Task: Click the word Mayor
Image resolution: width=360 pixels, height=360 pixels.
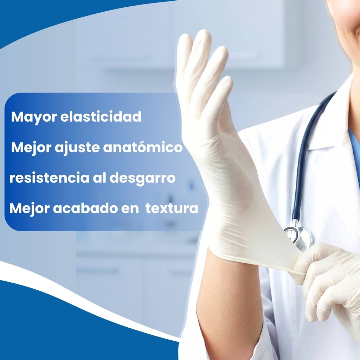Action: click(x=34, y=117)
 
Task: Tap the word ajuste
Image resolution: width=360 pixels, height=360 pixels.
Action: click(x=77, y=148)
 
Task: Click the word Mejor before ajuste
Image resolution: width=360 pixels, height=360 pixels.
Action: click(x=31, y=148)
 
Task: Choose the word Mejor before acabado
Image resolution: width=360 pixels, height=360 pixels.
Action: click(x=29, y=209)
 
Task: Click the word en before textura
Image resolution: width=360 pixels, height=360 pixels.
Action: click(x=130, y=209)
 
